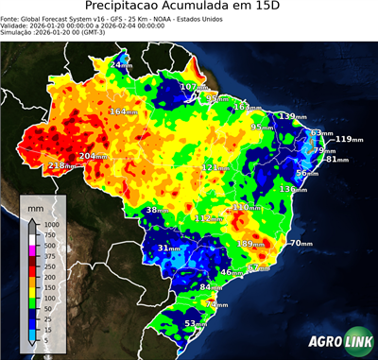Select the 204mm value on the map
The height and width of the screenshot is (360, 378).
tap(93, 156)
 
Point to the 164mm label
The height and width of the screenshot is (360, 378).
tap(122, 111)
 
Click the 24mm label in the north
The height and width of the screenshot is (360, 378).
tap(121, 64)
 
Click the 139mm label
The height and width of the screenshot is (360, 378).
tap(292, 116)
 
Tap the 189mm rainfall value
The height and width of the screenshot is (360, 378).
tap(250, 244)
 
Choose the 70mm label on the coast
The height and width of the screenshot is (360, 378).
tap(301, 243)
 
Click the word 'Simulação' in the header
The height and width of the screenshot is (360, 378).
tap(17, 32)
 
